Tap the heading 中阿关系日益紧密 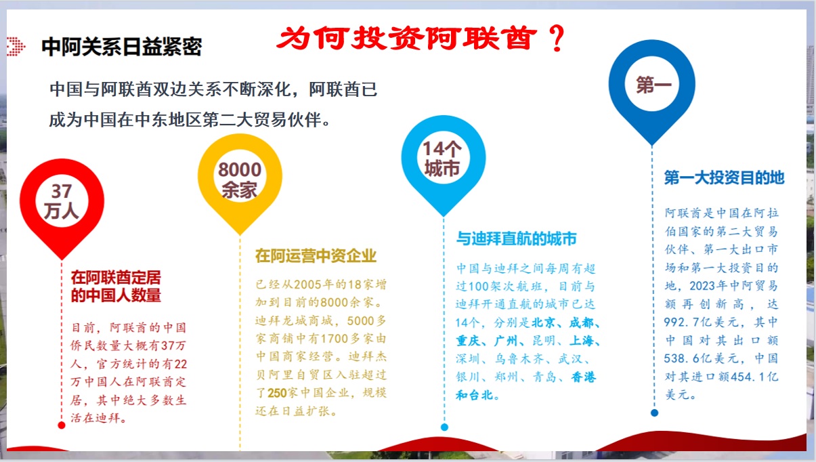(x=121, y=47)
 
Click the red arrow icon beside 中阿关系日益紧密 (x=16, y=46)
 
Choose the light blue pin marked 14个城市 (x=443, y=160)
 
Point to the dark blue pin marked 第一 (x=652, y=85)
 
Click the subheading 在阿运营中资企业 (x=316, y=255)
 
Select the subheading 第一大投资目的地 (x=724, y=178)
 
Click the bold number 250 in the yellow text (x=279, y=393)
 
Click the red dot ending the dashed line (x=62, y=425)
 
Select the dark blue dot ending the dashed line (x=654, y=412)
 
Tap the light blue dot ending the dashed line (x=444, y=427)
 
